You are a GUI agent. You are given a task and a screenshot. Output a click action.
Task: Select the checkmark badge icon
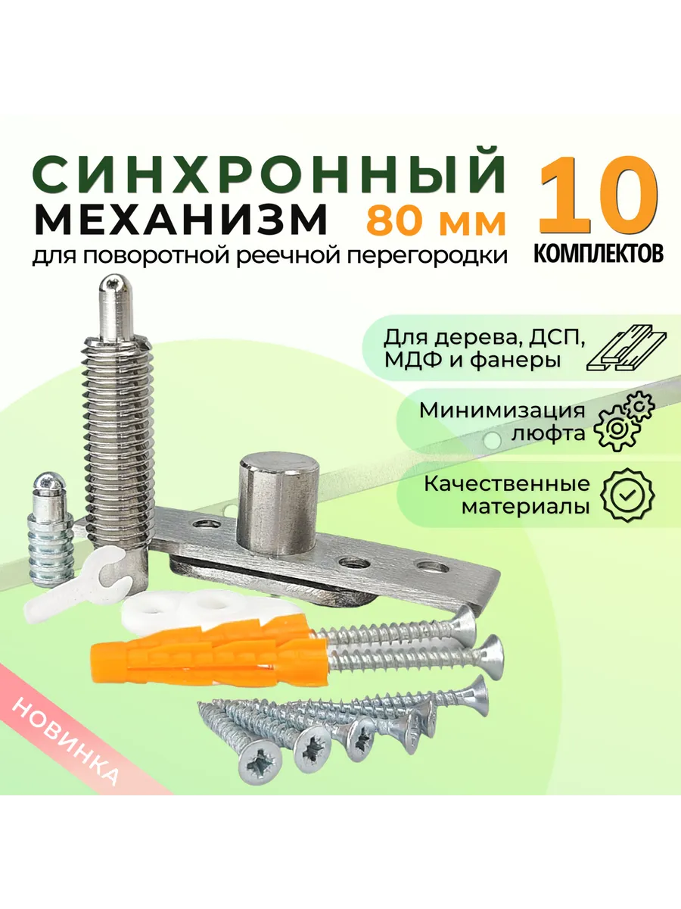[627, 495]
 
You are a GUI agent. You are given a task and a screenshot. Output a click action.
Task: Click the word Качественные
[507, 484]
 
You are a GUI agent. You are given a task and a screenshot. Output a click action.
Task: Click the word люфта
[549, 433]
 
